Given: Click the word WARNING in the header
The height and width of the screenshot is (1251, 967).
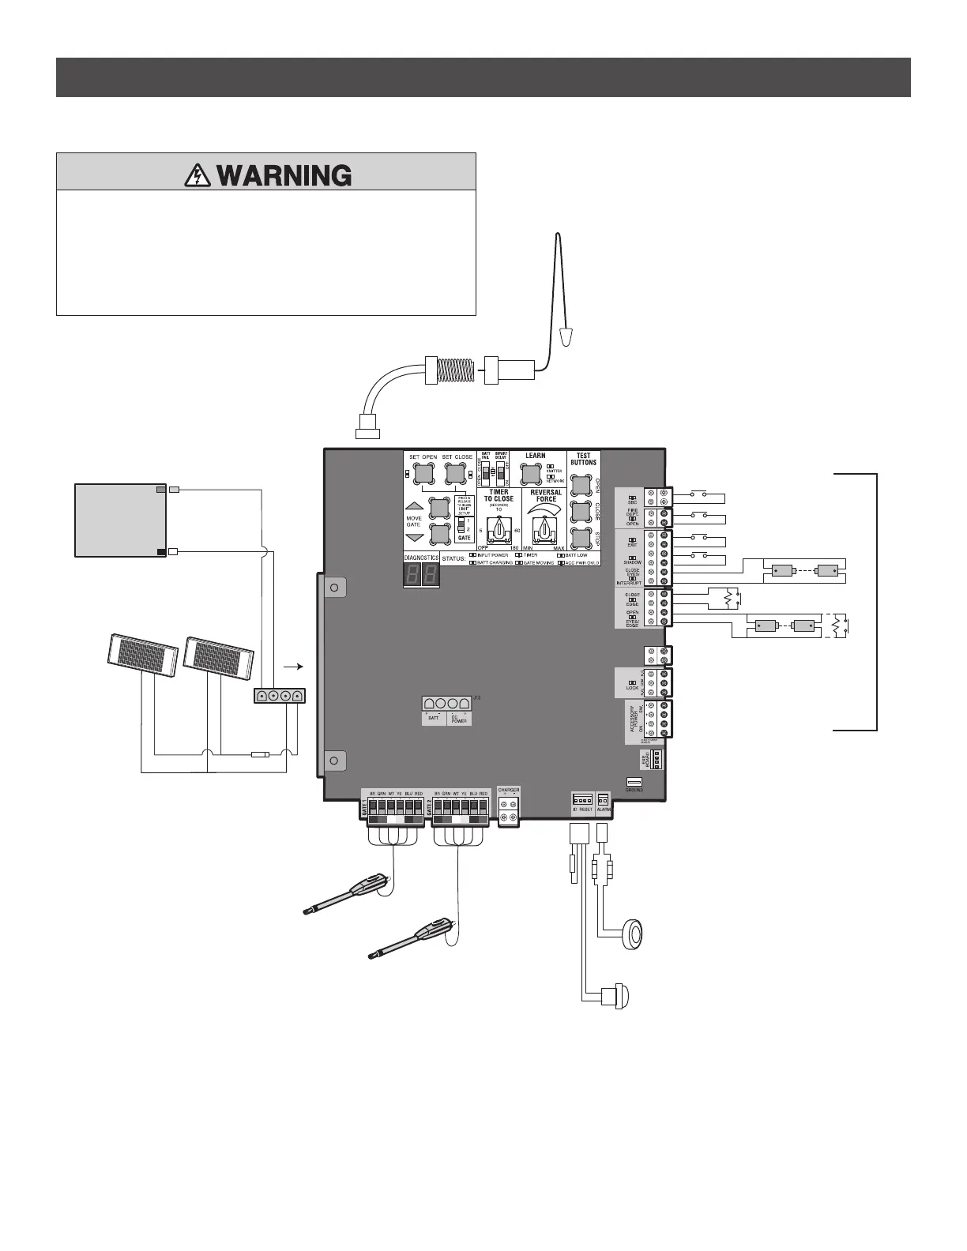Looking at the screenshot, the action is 284,175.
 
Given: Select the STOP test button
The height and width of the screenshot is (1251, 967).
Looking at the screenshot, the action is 581,539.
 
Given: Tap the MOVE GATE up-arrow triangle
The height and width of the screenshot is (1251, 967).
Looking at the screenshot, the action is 415,507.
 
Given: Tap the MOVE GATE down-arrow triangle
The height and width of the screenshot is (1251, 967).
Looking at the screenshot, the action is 415,537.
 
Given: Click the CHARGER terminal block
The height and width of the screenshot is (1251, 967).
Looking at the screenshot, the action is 509,805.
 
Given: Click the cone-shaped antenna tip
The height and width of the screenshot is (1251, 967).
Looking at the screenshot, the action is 565,338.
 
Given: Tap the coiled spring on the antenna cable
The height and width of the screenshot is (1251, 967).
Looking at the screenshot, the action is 458,368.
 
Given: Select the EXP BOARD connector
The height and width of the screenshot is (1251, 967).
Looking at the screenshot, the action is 654,759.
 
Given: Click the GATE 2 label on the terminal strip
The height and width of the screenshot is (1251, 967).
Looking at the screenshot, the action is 430,808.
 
